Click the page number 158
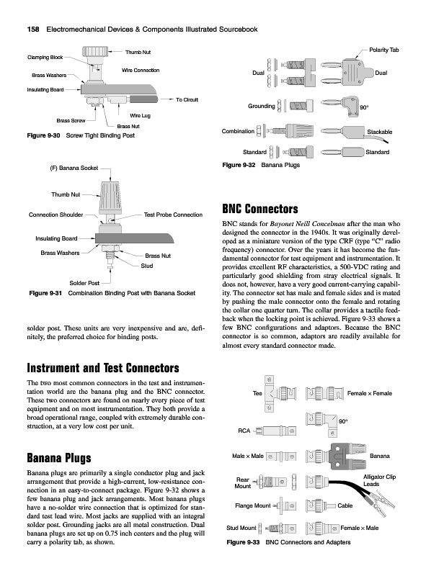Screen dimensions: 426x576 click(x=33, y=30)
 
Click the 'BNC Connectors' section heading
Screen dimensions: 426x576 click(x=260, y=209)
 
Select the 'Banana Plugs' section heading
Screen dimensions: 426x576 click(x=59, y=458)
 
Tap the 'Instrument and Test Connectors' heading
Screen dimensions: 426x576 click(x=103, y=368)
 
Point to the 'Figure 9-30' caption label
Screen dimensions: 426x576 click(x=43, y=135)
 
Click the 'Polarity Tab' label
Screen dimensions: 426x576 click(x=384, y=50)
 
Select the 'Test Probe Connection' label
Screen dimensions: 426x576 click(x=173, y=215)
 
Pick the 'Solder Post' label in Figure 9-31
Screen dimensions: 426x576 click(x=84, y=283)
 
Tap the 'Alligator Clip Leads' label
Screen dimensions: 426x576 click(x=379, y=480)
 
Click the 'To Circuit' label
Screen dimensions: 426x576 click(x=187, y=99)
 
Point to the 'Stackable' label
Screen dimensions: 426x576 click(x=380, y=132)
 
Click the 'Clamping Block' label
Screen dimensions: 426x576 click(x=45, y=58)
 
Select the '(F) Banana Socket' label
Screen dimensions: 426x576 click(x=74, y=168)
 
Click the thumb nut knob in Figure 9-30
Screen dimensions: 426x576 click(x=95, y=51)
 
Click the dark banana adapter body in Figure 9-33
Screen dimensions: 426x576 click(x=347, y=456)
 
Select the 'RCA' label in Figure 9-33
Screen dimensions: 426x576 click(x=244, y=431)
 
